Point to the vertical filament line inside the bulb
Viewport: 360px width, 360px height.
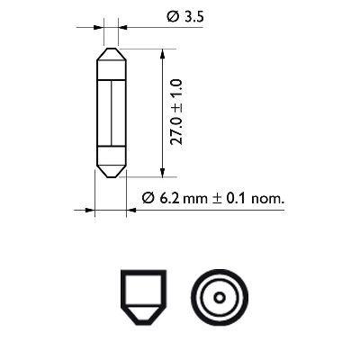[110, 112]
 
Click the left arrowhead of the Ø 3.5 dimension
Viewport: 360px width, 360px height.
[98, 27]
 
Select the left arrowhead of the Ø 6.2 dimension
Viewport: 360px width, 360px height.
[90, 211]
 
